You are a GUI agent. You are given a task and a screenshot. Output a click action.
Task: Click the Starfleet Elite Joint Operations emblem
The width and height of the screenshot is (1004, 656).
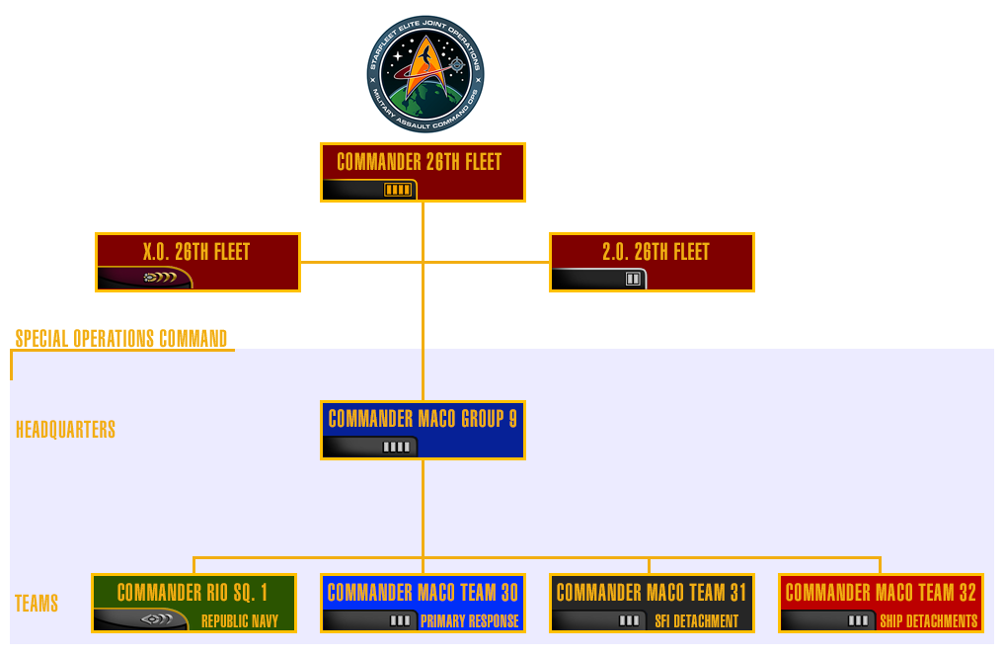425,75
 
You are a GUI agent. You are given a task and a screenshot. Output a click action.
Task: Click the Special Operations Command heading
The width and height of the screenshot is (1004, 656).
121,339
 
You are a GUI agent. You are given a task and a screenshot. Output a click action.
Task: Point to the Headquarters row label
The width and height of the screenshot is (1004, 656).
65,430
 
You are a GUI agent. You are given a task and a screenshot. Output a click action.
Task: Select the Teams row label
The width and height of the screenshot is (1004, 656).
37,604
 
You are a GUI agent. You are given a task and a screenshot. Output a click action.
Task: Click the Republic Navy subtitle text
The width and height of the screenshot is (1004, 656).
240,621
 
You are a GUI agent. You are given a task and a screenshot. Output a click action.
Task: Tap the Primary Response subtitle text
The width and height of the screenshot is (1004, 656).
469,621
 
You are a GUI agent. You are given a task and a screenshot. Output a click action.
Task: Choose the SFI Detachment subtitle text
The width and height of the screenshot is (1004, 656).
696,621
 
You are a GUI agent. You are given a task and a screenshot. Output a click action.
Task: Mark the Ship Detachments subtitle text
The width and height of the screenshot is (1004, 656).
928,621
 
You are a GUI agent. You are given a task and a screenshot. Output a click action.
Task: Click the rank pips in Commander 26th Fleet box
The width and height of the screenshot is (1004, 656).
398,190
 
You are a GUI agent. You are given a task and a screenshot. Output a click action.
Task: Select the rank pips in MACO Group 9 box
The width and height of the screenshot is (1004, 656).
397,448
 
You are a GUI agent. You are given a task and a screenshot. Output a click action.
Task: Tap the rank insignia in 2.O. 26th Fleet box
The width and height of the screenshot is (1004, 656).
633,280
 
